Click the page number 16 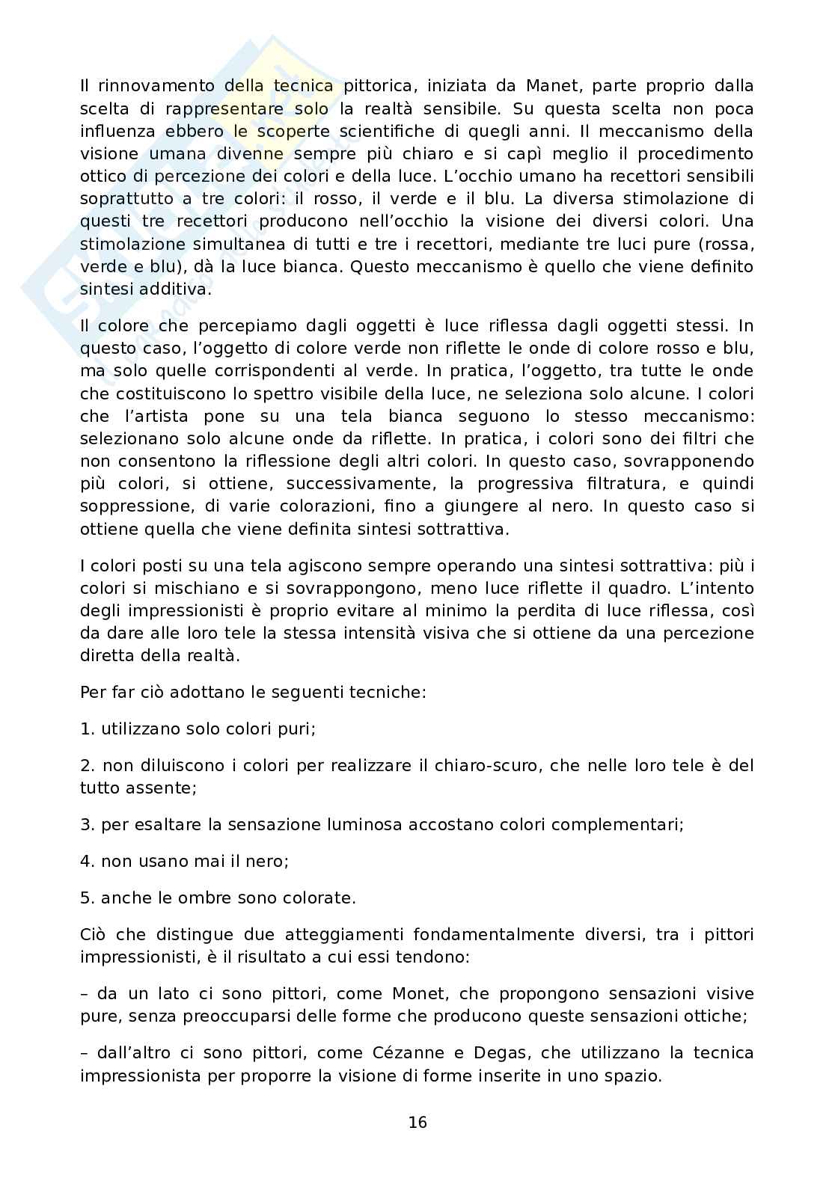[x=417, y=1122]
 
